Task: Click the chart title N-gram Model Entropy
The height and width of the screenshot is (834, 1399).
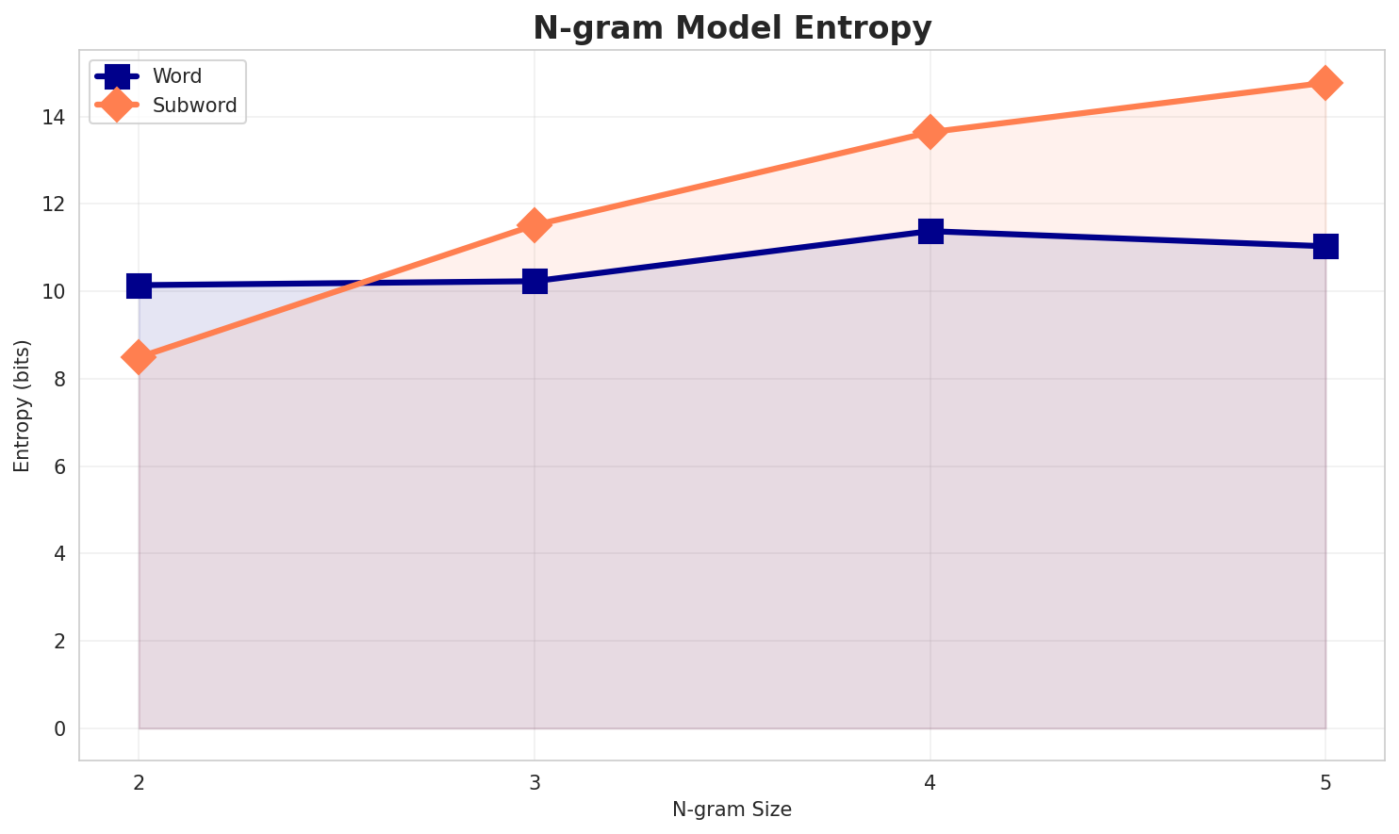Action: (x=732, y=28)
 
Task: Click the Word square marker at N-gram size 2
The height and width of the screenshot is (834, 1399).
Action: (x=139, y=285)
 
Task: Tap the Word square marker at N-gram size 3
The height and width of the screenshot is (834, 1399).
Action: (x=535, y=281)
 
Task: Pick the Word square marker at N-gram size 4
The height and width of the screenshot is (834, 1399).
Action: (x=930, y=231)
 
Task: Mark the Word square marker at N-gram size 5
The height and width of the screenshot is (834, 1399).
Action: (x=1325, y=246)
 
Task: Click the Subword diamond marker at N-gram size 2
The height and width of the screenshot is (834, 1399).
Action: (x=139, y=357)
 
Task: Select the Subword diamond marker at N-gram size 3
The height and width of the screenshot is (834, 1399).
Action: (x=535, y=225)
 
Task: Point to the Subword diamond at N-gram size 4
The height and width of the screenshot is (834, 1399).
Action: (x=930, y=132)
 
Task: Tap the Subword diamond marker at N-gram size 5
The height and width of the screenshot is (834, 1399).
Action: (x=1325, y=83)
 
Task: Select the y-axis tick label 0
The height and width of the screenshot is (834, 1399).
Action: (x=60, y=728)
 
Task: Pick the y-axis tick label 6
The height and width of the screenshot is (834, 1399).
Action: (x=60, y=466)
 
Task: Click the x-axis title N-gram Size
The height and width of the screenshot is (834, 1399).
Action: (x=732, y=809)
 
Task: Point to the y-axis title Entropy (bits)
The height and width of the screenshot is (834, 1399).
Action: (x=23, y=405)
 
